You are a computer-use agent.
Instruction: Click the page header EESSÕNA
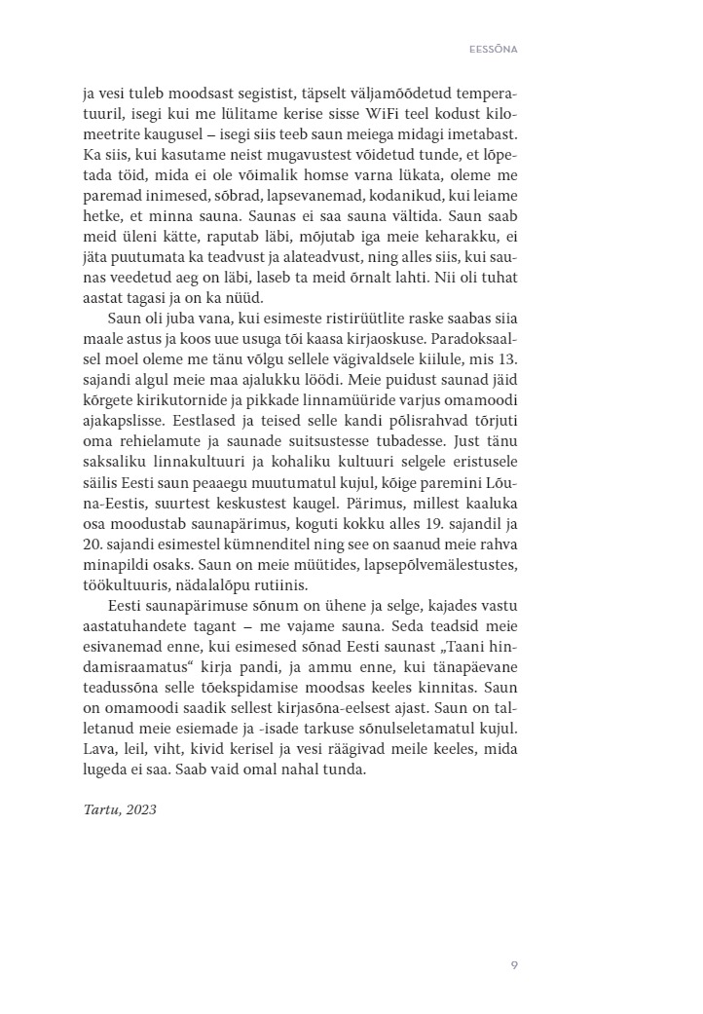click(491, 46)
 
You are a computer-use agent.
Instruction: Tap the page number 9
click(514, 965)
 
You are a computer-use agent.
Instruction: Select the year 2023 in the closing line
click(138, 810)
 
